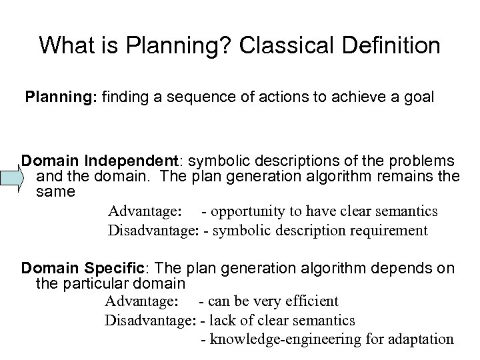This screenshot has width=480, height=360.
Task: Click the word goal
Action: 419,97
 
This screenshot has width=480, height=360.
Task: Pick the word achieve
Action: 360,97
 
